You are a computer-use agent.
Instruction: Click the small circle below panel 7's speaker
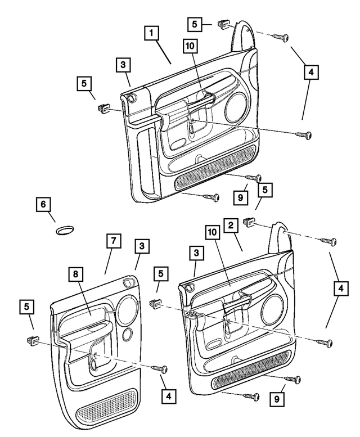pos(129,333)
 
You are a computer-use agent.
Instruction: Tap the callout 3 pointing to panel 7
pos(142,246)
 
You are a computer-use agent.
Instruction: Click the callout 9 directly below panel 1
pos(241,197)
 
